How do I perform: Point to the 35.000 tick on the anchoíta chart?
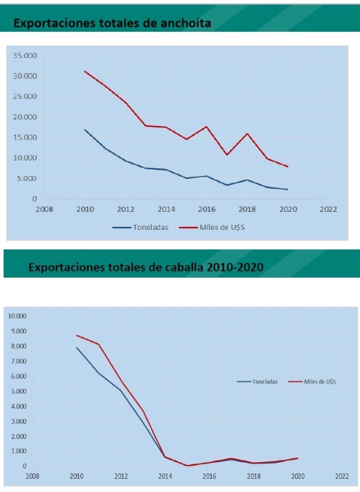(x=25, y=56)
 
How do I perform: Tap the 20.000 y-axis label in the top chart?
(x=25, y=117)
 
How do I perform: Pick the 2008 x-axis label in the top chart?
(x=44, y=209)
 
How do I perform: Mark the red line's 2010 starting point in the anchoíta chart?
(x=85, y=71)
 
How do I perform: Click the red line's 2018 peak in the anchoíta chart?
(x=247, y=133)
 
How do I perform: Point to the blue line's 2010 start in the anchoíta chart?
(x=85, y=130)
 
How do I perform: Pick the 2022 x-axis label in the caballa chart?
(x=342, y=476)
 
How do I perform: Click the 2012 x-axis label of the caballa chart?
(x=120, y=476)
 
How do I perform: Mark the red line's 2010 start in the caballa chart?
(x=77, y=335)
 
